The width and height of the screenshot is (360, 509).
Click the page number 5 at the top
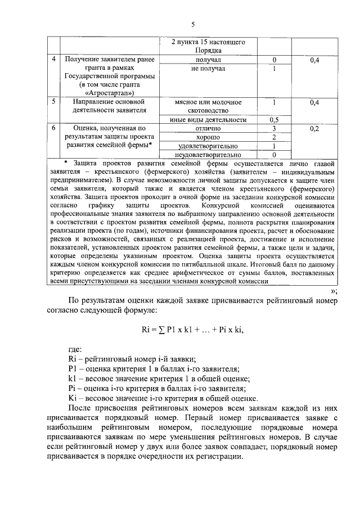[192, 24]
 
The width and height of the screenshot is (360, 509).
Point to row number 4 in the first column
[53, 60]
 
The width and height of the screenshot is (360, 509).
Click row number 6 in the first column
[53, 128]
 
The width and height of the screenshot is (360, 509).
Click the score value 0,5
[274, 120]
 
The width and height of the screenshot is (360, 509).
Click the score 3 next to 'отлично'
[274, 128]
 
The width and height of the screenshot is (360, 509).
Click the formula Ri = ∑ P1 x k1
[192, 330]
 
